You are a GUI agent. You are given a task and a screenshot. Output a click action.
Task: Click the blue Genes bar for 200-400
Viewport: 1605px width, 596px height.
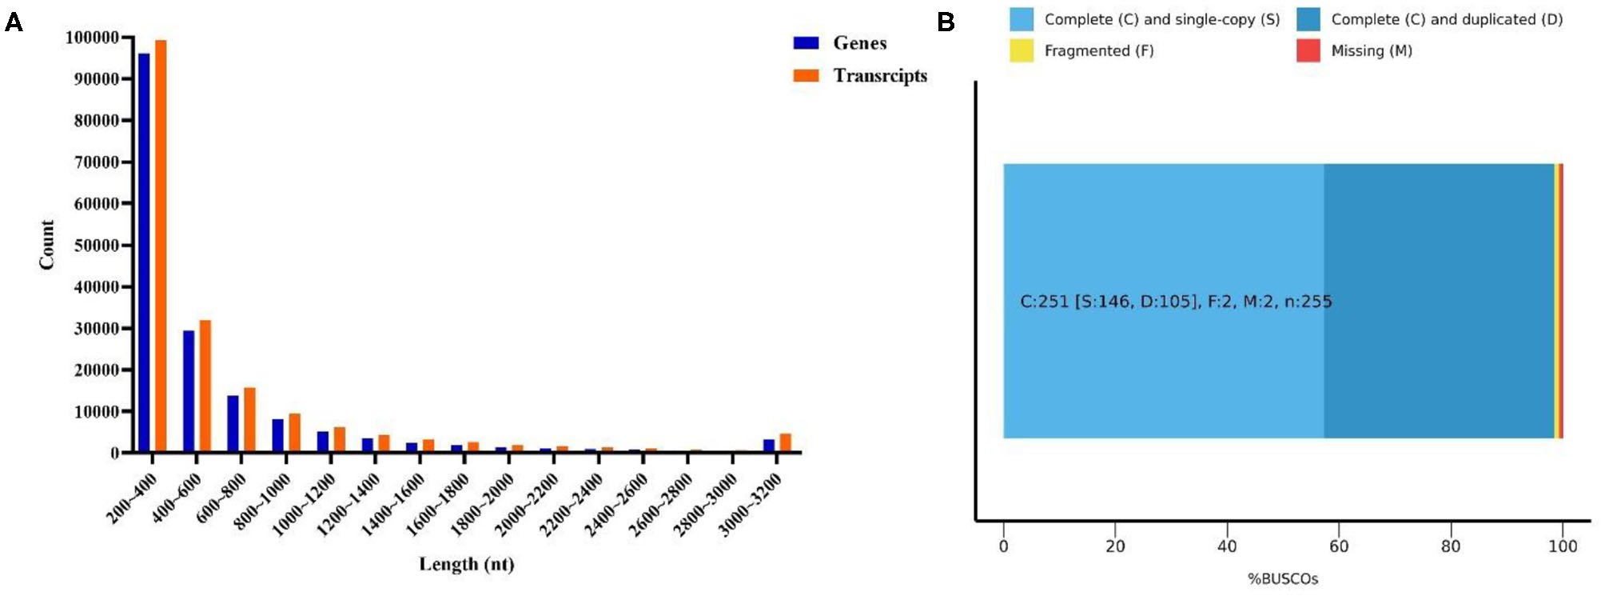click(x=144, y=252)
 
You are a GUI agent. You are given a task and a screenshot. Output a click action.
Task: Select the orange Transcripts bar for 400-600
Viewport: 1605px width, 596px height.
click(x=205, y=386)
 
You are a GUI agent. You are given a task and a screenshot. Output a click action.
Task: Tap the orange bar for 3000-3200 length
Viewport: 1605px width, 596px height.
click(x=785, y=442)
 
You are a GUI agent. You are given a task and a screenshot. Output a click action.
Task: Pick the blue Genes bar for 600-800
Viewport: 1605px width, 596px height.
click(x=233, y=423)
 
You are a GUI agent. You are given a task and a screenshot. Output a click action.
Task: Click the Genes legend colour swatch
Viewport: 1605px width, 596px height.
click(x=806, y=43)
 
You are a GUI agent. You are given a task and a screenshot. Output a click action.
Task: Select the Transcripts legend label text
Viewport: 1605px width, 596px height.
click(x=880, y=76)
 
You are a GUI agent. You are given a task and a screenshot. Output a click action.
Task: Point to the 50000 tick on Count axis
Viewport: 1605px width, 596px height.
click(x=96, y=246)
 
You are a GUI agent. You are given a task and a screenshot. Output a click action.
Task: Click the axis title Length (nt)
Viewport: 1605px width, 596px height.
click(x=467, y=564)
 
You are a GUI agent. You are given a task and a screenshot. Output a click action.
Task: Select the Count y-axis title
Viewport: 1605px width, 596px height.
click(x=47, y=245)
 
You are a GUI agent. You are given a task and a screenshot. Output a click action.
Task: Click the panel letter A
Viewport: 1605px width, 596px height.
click(x=14, y=22)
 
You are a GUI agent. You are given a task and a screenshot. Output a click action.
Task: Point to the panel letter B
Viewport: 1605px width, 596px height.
click(x=946, y=22)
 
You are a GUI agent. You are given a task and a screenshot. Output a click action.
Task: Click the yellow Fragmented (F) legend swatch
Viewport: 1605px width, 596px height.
click(x=1021, y=51)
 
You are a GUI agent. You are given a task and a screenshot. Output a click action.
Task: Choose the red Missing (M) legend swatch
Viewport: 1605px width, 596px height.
click(x=1308, y=51)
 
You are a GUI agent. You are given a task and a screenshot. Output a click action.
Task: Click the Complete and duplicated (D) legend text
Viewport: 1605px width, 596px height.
click(x=1447, y=19)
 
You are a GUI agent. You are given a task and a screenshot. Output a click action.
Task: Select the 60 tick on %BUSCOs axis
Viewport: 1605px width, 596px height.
click(x=1339, y=546)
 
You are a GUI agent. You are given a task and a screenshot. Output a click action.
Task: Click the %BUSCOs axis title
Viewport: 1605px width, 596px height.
click(x=1283, y=579)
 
